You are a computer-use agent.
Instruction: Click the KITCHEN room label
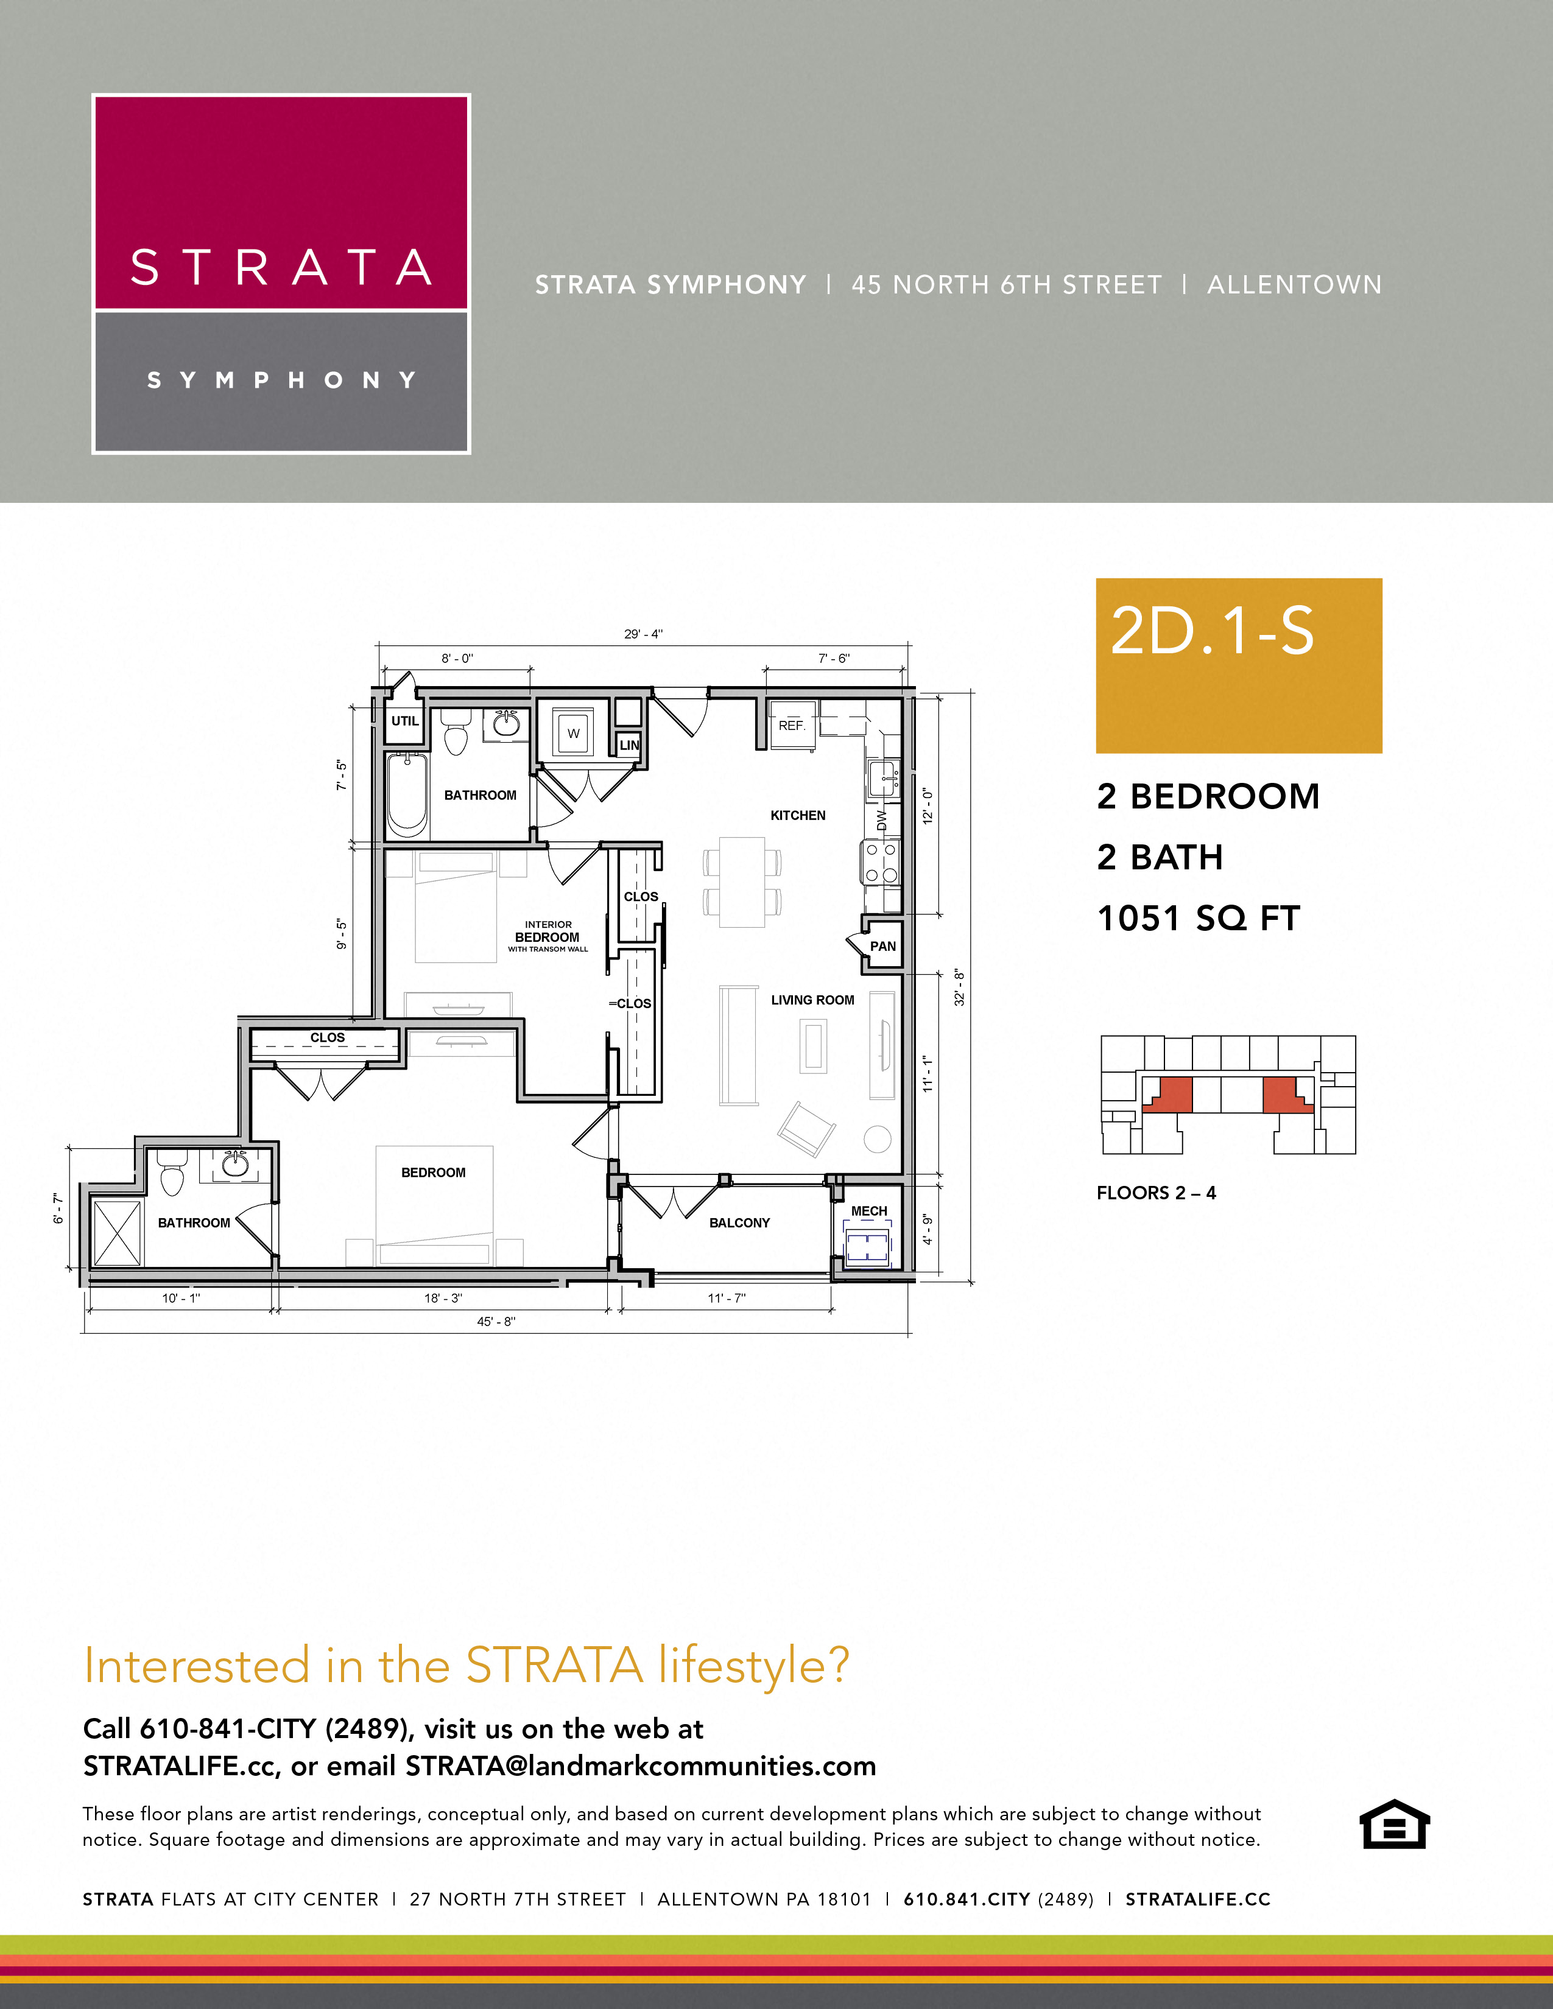pos(798,815)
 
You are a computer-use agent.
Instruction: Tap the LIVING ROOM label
pos(812,1000)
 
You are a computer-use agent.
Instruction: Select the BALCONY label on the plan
pos(739,1222)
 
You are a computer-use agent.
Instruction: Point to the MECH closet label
pos(868,1210)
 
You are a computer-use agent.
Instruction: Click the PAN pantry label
pos(882,945)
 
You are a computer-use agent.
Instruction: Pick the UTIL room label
pos(405,720)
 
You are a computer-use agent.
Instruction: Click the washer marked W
pos(573,733)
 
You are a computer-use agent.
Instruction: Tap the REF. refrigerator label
pos(791,726)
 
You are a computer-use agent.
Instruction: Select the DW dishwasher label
pos(881,819)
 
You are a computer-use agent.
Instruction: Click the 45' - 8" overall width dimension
pos(496,1321)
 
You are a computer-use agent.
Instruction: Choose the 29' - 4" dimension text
pos(643,634)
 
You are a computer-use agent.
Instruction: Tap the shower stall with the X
pos(117,1233)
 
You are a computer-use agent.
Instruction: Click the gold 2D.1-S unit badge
pos(1238,665)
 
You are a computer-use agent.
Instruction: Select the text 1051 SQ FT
pos(1198,918)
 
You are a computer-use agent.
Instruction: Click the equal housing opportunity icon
pos(1394,1823)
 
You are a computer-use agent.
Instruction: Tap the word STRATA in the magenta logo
pos(281,268)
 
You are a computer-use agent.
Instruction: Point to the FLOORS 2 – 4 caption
pos(1155,1193)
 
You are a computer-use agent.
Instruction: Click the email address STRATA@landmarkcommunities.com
pos(640,1766)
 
